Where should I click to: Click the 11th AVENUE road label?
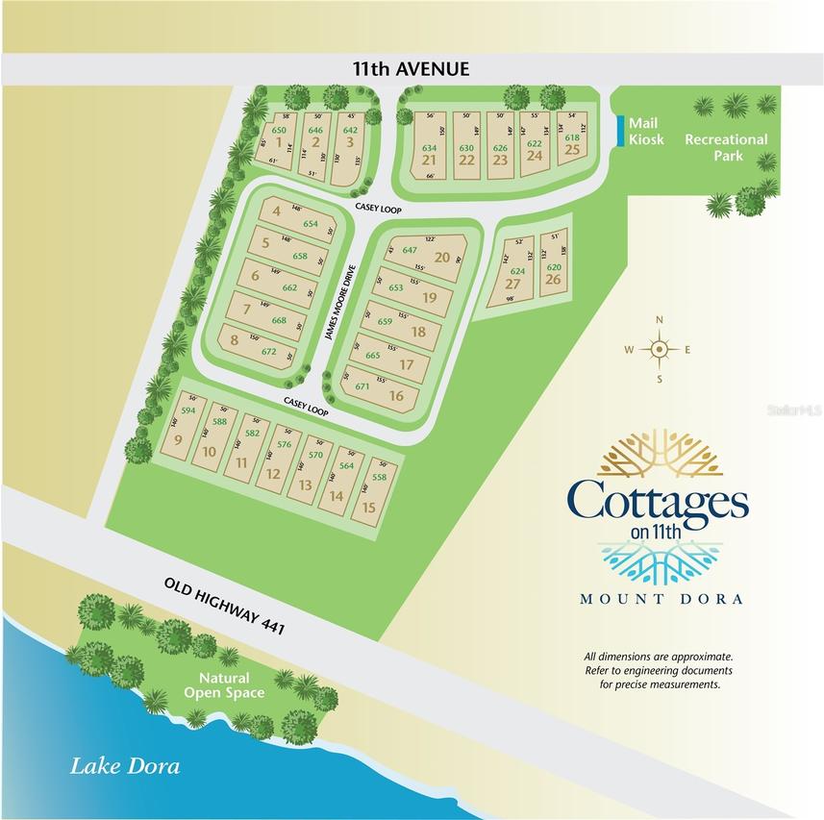point(411,68)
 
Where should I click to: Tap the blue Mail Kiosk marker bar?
point(617,131)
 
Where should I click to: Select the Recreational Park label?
point(726,147)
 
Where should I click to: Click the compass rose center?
point(659,349)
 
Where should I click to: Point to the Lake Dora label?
point(125,766)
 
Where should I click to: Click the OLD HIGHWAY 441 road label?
point(227,607)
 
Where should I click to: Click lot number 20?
point(442,257)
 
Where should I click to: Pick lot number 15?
point(367,507)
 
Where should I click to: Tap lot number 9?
point(179,441)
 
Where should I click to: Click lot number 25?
point(572,150)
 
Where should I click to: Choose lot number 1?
point(278,141)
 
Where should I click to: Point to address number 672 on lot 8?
point(268,352)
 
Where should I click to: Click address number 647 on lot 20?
point(410,250)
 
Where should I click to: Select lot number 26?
point(553,279)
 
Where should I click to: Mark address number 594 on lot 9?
point(188,410)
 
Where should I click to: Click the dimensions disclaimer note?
point(659,669)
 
